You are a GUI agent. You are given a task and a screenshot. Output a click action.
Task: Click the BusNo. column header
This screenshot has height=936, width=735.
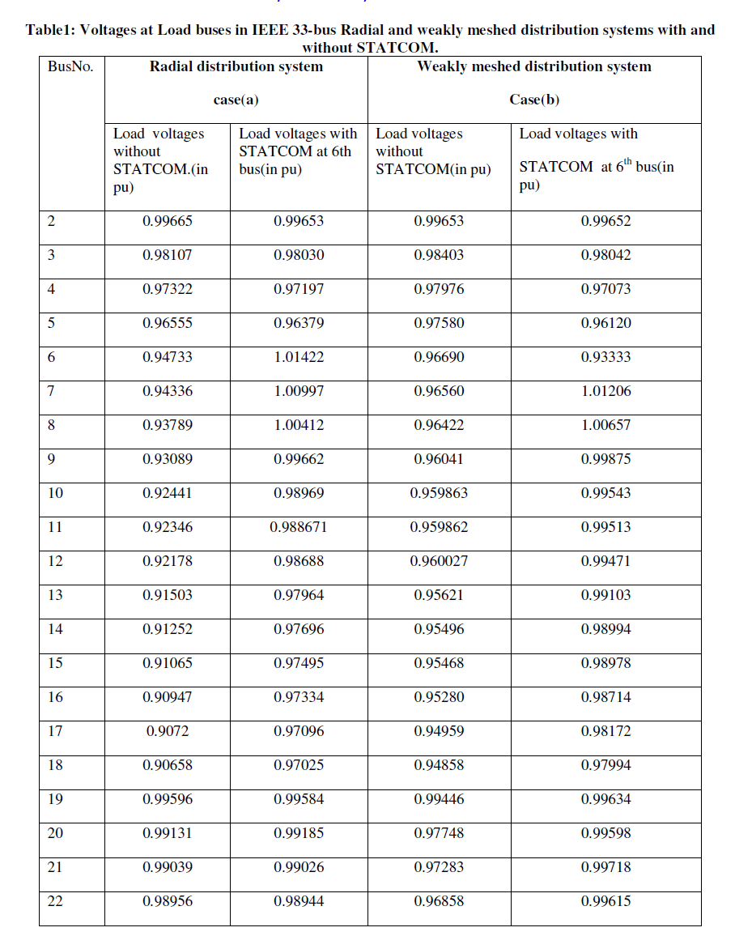tap(70, 67)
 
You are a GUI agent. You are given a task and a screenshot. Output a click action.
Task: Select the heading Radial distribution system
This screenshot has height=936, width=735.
tap(236, 67)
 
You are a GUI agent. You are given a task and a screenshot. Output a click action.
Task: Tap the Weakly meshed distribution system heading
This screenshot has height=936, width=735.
tap(533, 67)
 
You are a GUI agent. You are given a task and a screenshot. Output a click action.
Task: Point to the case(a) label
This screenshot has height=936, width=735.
tap(236, 100)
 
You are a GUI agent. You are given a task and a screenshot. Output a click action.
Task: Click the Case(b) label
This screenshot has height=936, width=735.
tap(533, 100)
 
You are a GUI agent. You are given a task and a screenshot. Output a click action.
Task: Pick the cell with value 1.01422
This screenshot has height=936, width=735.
tap(299, 357)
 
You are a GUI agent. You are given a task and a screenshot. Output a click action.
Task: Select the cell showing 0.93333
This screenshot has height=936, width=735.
tap(605, 357)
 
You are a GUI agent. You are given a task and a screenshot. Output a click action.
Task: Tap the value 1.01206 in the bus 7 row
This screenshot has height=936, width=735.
tap(605, 391)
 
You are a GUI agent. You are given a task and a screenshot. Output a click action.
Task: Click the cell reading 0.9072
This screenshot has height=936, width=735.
tap(168, 731)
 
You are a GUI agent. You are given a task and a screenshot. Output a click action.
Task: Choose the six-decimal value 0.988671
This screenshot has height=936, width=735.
tap(299, 527)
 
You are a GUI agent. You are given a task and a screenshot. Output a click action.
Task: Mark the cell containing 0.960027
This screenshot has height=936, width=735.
tap(439, 561)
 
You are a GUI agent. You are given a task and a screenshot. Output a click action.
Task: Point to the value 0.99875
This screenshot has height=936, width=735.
tap(605, 459)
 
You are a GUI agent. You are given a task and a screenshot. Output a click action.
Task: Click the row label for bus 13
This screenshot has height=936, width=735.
tap(55, 595)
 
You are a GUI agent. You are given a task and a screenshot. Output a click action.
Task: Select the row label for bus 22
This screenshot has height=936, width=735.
tap(55, 901)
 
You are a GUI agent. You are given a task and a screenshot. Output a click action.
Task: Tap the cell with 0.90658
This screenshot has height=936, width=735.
tap(168, 765)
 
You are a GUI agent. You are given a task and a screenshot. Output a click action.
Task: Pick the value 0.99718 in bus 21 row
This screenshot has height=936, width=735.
tap(605, 867)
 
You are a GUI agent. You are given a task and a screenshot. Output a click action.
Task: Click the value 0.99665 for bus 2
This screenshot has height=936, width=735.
tap(168, 221)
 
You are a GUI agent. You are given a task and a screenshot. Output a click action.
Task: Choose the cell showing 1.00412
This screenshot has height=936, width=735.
tap(299, 425)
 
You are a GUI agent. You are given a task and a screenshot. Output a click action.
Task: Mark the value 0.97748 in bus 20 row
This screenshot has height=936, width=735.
tap(439, 833)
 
